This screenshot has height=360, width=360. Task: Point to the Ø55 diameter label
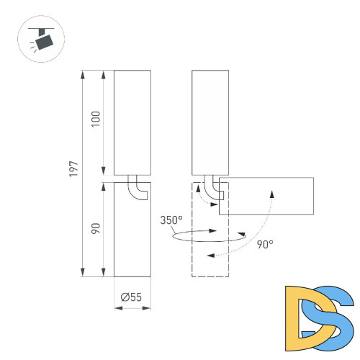pos(132,295)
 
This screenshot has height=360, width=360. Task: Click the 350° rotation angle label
pos(171,220)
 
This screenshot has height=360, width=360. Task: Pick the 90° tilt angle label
pos(264,245)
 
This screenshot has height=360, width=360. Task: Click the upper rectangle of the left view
pos(132,122)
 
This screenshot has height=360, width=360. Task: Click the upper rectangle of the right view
pos(210,122)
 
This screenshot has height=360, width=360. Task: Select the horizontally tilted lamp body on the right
pos(266,196)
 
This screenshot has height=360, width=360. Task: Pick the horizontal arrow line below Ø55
pos(132,308)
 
